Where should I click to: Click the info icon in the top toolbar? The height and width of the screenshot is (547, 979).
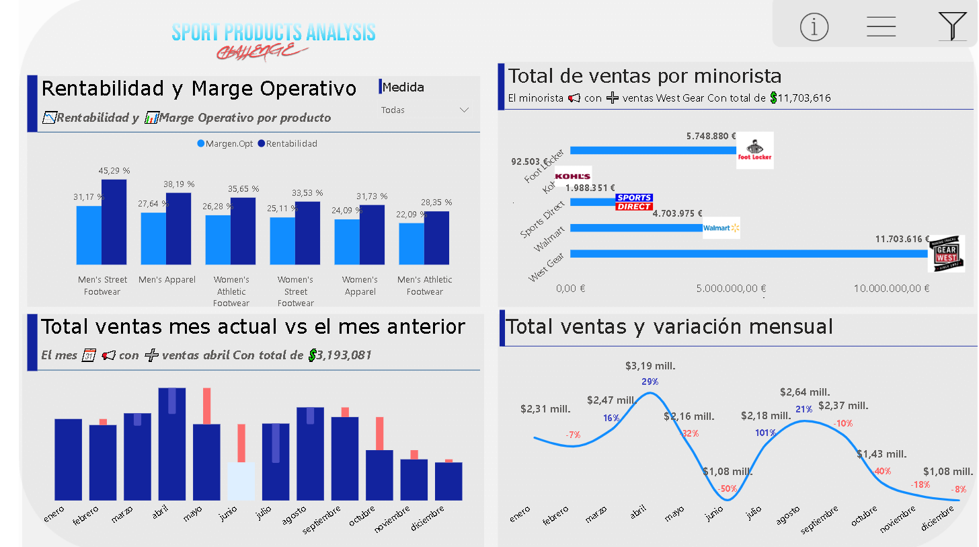click(x=814, y=27)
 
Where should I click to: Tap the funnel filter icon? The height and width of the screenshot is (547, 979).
click(x=952, y=26)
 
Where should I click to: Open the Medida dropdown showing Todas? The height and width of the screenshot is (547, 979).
click(x=424, y=110)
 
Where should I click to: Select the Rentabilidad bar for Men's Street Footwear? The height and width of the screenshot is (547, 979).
click(x=114, y=221)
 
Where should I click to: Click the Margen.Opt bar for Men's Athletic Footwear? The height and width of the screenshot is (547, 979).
click(x=412, y=243)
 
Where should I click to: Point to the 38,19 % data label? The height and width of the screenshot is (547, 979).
click(x=180, y=184)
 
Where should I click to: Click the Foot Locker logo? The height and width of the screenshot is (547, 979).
click(x=754, y=150)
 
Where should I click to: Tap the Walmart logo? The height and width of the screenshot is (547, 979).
click(x=721, y=228)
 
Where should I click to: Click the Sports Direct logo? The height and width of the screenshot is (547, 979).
click(x=633, y=202)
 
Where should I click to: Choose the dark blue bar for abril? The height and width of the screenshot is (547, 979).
click(x=172, y=444)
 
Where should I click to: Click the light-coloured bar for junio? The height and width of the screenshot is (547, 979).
click(x=241, y=480)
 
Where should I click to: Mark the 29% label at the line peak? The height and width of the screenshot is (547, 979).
click(x=650, y=381)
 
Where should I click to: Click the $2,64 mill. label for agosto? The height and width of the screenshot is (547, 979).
click(x=805, y=392)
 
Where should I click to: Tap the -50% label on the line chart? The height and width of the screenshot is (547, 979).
click(x=728, y=488)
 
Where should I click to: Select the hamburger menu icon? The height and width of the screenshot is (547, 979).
click(x=881, y=27)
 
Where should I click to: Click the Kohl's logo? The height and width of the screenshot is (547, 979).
click(x=573, y=176)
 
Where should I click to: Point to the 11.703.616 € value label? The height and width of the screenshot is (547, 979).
click(x=902, y=239)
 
